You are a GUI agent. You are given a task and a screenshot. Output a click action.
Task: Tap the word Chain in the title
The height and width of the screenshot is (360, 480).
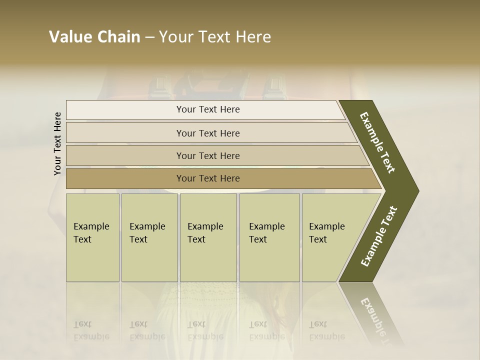pyautogui.click(x=117, y=37)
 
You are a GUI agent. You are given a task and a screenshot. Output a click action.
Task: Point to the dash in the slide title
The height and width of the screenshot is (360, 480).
pyautogui.click(x=149, y=37)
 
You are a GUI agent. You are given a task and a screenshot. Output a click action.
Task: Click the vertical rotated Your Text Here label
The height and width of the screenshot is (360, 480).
pyautogui.click(x=57, y=143)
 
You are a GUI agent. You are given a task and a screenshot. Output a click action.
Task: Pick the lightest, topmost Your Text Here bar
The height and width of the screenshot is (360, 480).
pyautogui.click(x=207, y=109)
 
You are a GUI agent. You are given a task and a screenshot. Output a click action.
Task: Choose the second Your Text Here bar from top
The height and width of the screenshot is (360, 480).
pyautogui.click(x=207, y=133)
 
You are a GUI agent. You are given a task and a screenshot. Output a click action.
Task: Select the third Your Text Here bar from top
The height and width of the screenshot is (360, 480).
pyautogui.click(x=207, y=155)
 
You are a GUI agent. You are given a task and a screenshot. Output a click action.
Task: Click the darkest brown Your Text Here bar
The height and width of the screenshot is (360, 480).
pyautogui.click(x=207, y=178)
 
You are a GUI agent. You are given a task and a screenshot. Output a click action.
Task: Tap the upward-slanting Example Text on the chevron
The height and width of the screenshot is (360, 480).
pyautogui.click(x=379, y=236)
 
